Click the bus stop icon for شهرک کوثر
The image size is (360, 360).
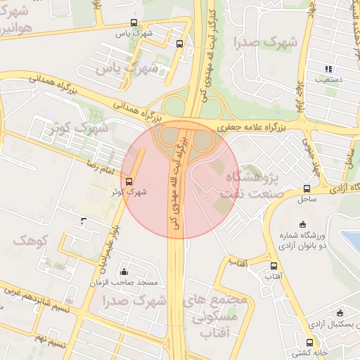[128, 181]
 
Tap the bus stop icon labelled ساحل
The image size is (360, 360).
[307, 188]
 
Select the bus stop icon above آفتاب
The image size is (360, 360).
[274, 266]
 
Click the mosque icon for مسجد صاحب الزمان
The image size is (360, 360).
[124, 272]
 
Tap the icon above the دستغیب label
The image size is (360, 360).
[328, 69]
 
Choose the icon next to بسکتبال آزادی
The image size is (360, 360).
[340, 312]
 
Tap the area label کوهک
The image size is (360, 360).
[29, 240]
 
